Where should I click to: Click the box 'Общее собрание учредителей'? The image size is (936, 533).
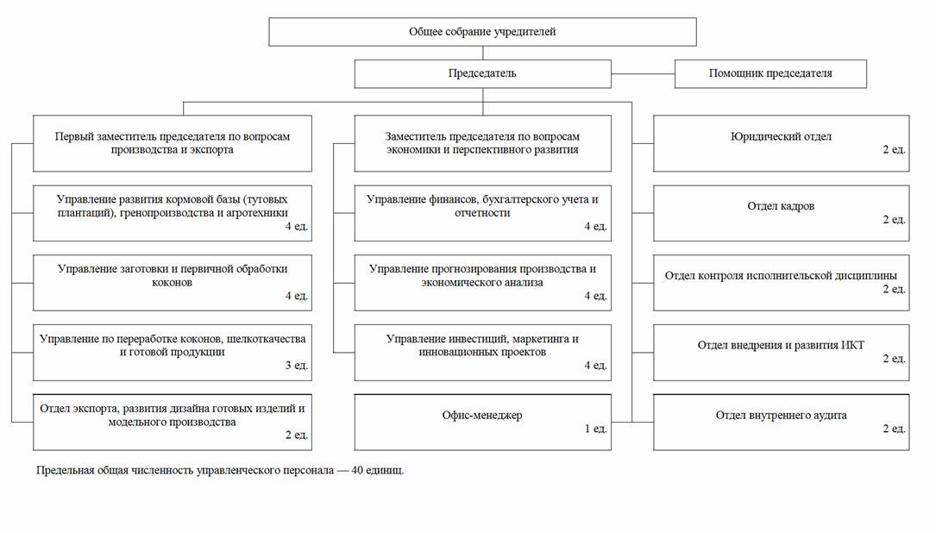[x=482, y=32]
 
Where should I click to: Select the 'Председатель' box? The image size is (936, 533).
[x=482, y=73]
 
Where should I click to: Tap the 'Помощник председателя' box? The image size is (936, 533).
[x=770, y=73]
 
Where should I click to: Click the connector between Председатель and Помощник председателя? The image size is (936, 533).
[x=643, y=73]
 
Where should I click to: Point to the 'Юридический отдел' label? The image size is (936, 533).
[x=781, y=136]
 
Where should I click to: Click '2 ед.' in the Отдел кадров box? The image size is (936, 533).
[x=894, y=220]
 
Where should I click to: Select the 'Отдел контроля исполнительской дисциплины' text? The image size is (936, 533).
[x=781, y=276]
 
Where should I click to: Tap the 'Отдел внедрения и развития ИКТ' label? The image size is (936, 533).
[x=781, y=345]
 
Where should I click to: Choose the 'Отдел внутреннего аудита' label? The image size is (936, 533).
[x=781, y=415]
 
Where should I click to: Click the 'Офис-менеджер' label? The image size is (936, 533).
[x=482, y=415]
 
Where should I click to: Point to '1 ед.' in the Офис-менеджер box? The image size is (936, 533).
[x=595, y=429]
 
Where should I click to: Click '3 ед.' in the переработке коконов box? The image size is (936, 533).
[x=296, y=366]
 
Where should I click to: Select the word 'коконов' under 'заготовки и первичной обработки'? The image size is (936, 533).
[x=172, y=282]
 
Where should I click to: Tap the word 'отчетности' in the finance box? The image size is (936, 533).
[x=482, y=212]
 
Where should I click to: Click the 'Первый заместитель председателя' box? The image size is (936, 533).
[x=172, y=143]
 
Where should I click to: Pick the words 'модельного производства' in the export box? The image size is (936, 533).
[x=172, y=422]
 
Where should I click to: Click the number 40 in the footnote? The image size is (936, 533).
[x=357, y=470]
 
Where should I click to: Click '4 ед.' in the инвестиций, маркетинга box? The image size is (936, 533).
[x=595, y=366]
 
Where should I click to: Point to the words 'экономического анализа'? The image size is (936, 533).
[x=482, y=282]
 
